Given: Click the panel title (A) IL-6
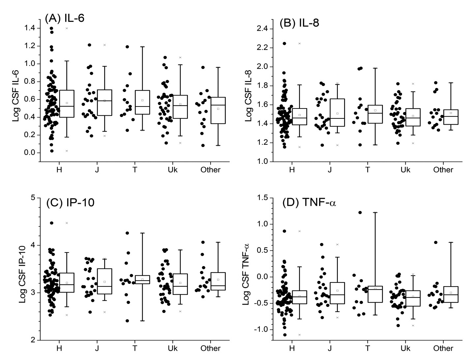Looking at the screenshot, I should [x=65, y=18].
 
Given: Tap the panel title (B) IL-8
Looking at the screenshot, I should [x=299, y=23].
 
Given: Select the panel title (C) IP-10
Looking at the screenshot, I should [x=70, y=202].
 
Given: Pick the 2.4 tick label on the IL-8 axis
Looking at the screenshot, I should [x=264, y=29].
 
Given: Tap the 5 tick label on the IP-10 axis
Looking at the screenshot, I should [x=33, y=198].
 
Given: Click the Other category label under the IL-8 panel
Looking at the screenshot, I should [x=443, y=170].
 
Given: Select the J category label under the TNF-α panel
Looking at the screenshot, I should [x=330, y=348].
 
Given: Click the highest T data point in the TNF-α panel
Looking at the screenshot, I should [x=360, y=213].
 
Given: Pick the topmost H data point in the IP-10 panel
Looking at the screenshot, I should [x=51, y=223].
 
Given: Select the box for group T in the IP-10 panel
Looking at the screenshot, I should [x=142, y=280].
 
